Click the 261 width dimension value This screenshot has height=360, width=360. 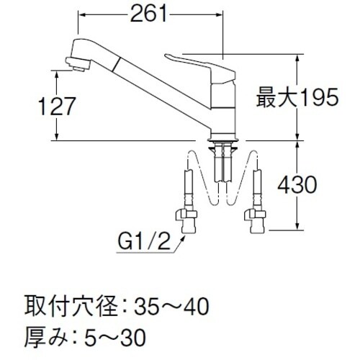click(x=150, y=13)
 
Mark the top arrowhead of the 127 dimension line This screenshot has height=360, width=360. click(x=57, y=70)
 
